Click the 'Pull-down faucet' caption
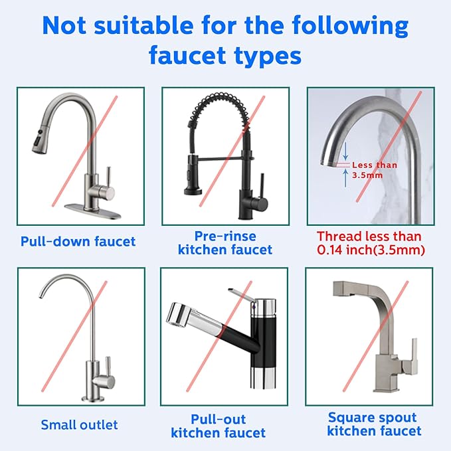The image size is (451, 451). click(x=78, y=241)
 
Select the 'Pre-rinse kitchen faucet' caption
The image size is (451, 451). click(x=225, y=243)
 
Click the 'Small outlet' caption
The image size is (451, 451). click(x=79, y=424)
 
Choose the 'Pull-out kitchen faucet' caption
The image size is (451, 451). click(x=218, y=426)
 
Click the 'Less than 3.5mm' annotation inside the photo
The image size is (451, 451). click(x=375, y=169)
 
